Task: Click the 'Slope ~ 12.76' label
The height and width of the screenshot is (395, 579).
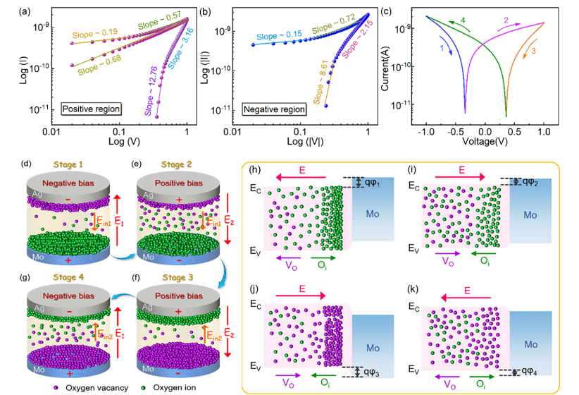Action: (x=151, y=91)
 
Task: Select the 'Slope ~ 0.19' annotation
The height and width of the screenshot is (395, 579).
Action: (x=95, y=33)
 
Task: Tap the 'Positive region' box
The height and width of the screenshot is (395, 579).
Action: (x=91, y=109)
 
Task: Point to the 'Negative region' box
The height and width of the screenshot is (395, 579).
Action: (x=274, y=109)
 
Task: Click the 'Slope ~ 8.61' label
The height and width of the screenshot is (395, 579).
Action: (x=320, y=82)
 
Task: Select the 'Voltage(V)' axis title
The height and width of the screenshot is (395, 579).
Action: (x=485, y=141)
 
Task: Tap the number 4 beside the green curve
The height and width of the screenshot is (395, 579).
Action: (x=463, y=20)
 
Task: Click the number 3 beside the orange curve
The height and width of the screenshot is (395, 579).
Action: (x=534, y=51)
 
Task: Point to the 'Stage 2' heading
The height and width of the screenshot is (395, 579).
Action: (x=177, y=164)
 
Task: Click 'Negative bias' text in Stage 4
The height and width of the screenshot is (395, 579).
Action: (x=69, y=296)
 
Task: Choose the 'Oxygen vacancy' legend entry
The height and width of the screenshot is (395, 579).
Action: (x=92, y=388)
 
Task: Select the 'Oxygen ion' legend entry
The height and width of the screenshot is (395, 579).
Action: (x=168, y=388)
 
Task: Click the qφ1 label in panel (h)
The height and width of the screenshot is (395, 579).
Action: (x=372, y=183)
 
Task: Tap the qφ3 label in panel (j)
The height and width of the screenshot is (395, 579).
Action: (x=371, y=372)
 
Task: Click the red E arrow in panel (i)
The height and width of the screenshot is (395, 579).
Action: (x=460, y=178)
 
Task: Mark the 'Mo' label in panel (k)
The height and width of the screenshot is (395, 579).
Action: (x=530, y=345)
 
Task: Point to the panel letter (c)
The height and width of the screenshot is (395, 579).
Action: (x=385, y=11)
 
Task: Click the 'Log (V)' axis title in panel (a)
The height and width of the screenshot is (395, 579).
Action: (x=124, y=141)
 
